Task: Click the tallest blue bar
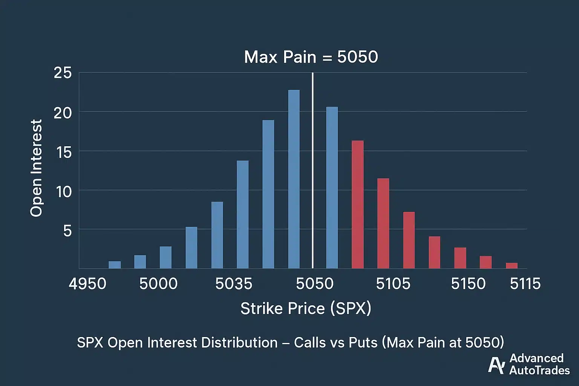pyautogui.click(x=294, y=179)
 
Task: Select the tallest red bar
pyautogui.click(x=357, y=204)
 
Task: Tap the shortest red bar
pyautogui.click(x=512, y=265)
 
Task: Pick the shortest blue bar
pyautogui.click(x=115, y=265)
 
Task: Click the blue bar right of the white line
pyautogui.click(x=332, y=187)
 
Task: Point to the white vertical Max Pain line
pyautogui.click(x=312, y=170)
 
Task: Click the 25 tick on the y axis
pyautogui.click(x=63, y=73)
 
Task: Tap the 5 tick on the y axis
pyautogui.click(x=67, y=230)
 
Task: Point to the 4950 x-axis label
pyautogui.click(x=87, y=283)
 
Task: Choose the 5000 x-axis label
pyautogui.click(x=158, y=283)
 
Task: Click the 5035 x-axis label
pyautogui.click(x=234, y=283)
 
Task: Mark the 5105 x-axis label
pyautogui.click(x=393, y=283)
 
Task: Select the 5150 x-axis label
pyautogui.click(x=468, y=283)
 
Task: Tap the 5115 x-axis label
pyautogui.click(x=525, y=283)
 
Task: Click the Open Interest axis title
pyautogui.click(x=36, y=168)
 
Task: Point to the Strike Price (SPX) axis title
pyautogui.click(x=306, y=308)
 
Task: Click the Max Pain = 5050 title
pyautogui.click(x=311, y=57)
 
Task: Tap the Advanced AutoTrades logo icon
pyautogui.click(x=496, y=365)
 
